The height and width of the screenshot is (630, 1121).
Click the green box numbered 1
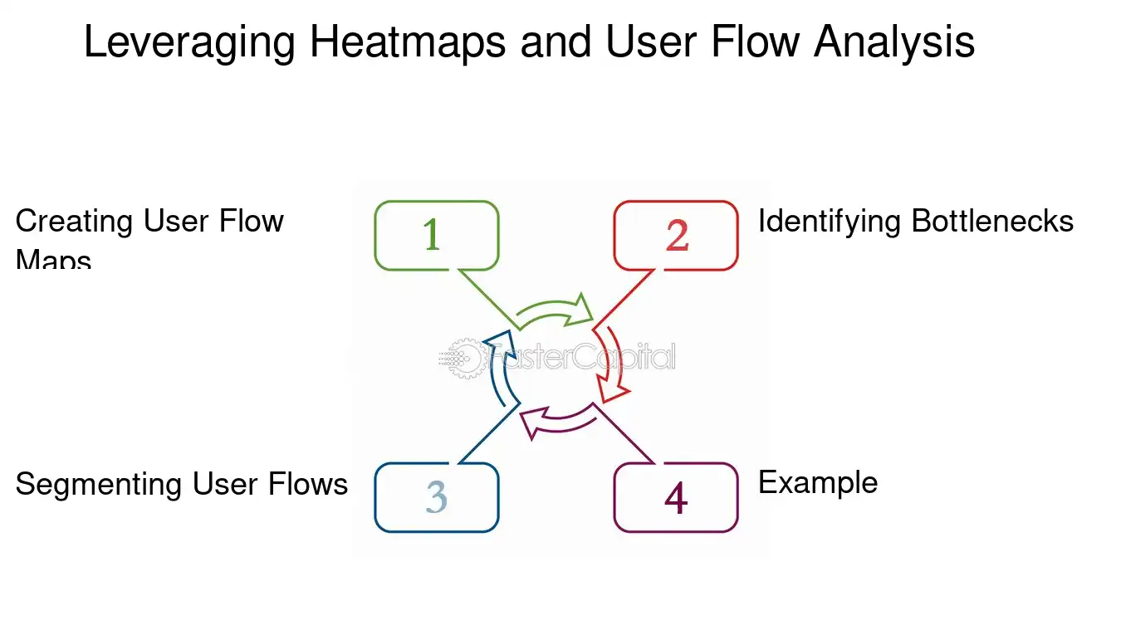pyautogui.click(x=436, y=236)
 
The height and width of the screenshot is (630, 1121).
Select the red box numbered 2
pyautogui.click(x=675, y=236)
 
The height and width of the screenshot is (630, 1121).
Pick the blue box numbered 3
pyautogui.click(x=436, y=497)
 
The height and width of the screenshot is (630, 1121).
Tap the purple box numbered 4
pyautogui.click(x=675, y=497)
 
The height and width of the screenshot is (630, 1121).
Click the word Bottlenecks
pyautogui.click(x=992, y=222)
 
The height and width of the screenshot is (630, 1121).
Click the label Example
pyautogui.click(x=818, y=482)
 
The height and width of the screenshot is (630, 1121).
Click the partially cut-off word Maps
pyautogui.click(x=53, y=260)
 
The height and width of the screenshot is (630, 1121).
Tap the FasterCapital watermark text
pyautogui.click(x=581, y=358)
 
